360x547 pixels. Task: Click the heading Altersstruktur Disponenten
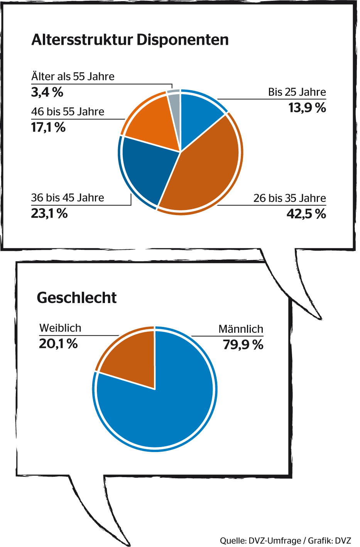tap(130, 40)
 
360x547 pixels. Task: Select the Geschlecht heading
tap(76, 298)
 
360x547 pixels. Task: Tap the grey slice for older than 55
tap(174, 102)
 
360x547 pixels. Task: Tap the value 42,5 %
tap(306, 213)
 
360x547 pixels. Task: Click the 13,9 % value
tap(307, 108)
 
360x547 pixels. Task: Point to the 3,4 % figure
tap(47, 92)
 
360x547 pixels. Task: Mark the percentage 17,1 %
tap(48, 127)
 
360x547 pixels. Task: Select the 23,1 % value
tap(49, 213)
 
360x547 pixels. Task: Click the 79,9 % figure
tap(243, 344)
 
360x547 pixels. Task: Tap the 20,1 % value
tap(58, 344)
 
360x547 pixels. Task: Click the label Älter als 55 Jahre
tap(73, 76)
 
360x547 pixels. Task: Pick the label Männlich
tap(241, 329)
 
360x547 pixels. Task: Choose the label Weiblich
tap(61, 328)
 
